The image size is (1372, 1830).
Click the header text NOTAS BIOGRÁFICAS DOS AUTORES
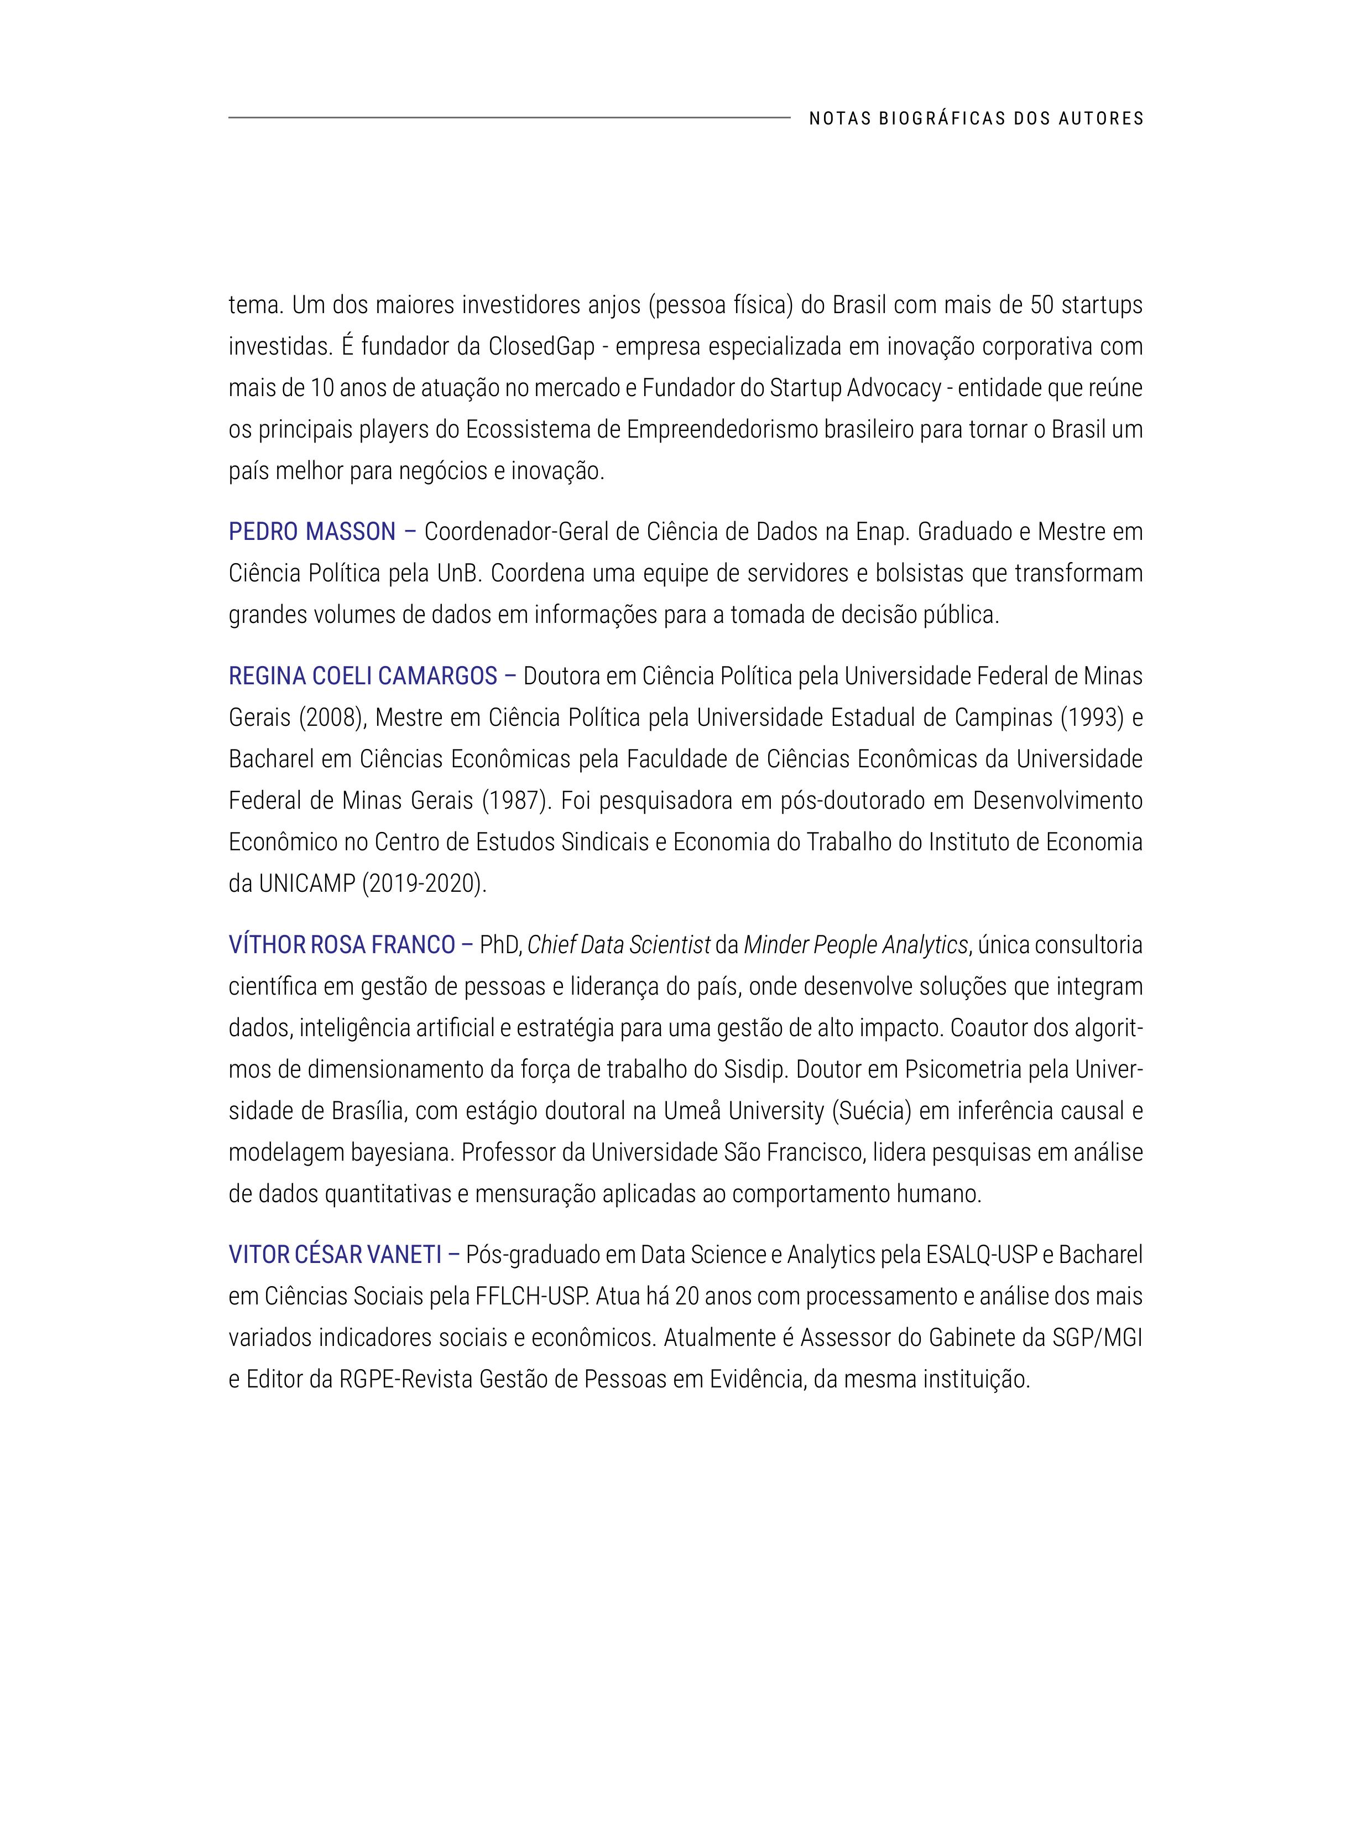click(976, 118)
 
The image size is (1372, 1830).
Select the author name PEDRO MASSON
click(312, 532)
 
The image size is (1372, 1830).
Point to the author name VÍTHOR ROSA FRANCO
click(342, 945)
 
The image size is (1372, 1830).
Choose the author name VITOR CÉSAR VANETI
click(335, 1255)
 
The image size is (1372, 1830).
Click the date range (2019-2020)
click(424, 883)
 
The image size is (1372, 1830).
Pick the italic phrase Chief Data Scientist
click(619, 945)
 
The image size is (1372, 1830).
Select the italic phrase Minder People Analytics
click(855, 945)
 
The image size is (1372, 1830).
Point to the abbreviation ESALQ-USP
click(982, 1255)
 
